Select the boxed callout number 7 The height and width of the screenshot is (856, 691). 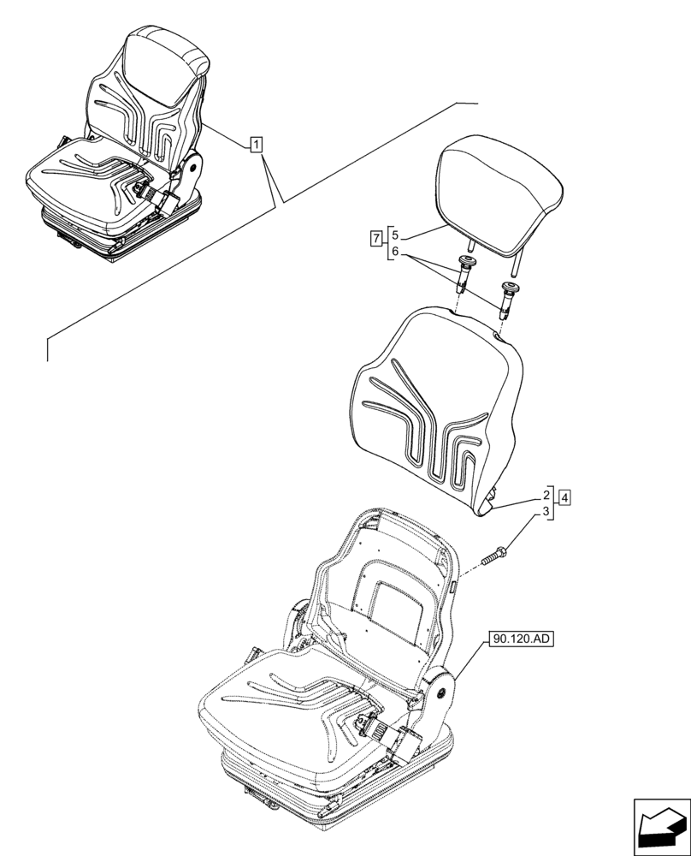coord(376,237)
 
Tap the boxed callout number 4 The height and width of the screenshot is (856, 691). coord(564,496)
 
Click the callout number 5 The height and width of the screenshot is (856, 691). coord(394,232)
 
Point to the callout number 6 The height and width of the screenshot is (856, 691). coord(394,252)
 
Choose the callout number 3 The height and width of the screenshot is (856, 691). coord(545,513)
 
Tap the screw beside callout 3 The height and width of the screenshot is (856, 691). coord(498,551)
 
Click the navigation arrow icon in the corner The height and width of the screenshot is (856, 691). coord(660,828)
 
